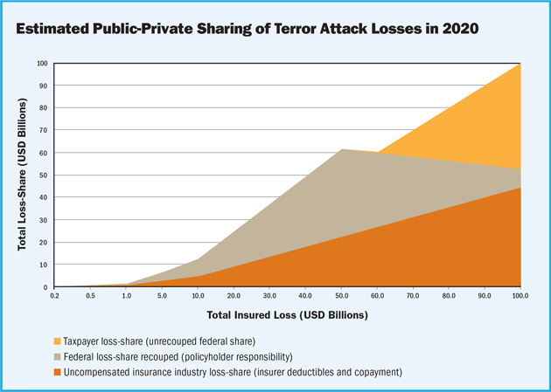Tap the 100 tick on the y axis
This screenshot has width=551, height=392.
pyautogui.click(x=43, y=64)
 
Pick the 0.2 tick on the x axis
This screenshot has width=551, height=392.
pyautogui.click(x=55, y=297)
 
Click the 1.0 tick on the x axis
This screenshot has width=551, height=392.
pyautogui.click(x=127, y=297)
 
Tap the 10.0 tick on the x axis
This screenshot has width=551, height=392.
pyautogui.click(x=199, y=297)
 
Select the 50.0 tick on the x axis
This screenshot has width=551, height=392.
pyautogui.click(x=341, y=297)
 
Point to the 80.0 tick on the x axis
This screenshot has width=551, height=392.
pyautogui.click(x=450, y=297)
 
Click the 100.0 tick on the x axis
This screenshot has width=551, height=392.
pyautogui.click(x=520, y=297)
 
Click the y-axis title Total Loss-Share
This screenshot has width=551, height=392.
pyautogui.click(x=23, y=175)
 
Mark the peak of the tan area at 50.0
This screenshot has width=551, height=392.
pyautogui.click(x=341, y=149)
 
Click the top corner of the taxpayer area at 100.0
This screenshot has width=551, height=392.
pyautogui.click(x=520, y=64)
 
